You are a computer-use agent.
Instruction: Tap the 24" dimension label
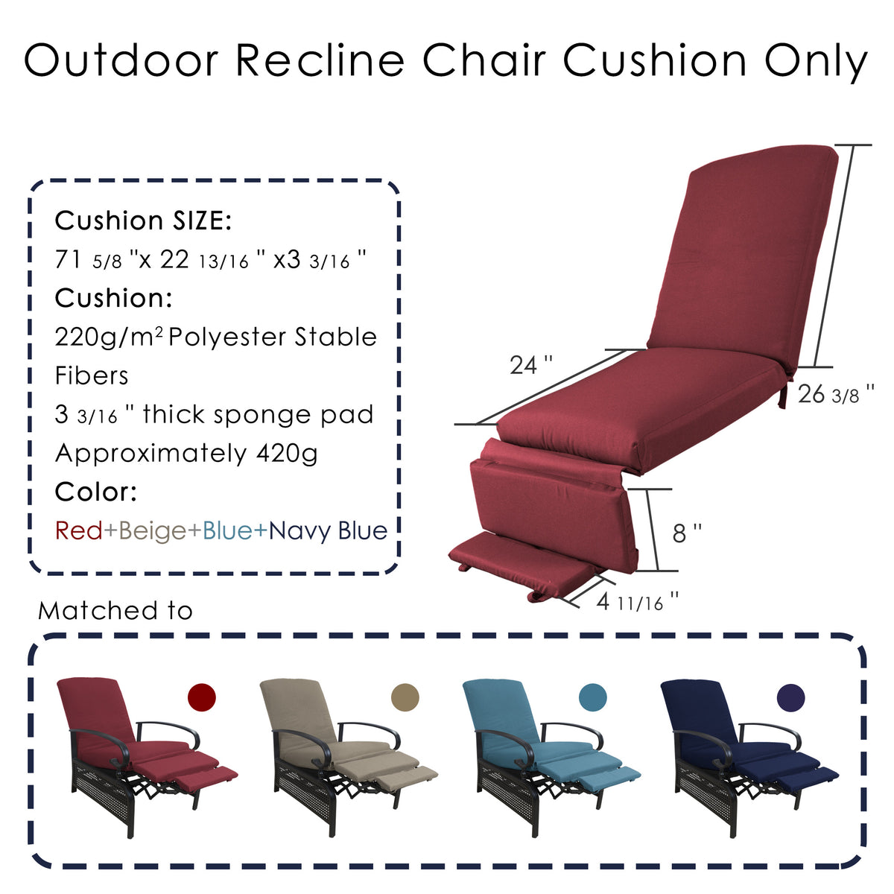(531, 365)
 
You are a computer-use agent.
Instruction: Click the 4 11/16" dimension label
(638, 601)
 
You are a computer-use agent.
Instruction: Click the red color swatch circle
(201, 698)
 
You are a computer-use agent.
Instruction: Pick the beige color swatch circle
(405, 697)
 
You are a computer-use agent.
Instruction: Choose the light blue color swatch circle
(592, 697)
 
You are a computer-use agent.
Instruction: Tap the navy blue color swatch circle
(790, 697)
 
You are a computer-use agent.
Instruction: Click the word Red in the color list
(78, 531)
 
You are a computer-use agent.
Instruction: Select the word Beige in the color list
(152, 531)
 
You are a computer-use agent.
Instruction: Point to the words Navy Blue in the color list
(328, 531)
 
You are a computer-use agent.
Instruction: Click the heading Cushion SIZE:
(144, 221)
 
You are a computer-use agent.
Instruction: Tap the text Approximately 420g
(186, 453)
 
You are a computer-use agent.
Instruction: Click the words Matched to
(115, 611)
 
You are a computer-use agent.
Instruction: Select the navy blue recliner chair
(745, 752)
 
